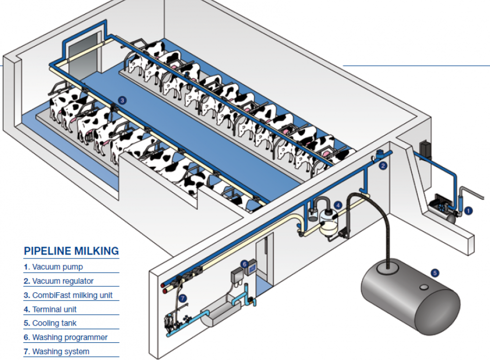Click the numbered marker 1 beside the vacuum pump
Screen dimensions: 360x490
click(468, 211)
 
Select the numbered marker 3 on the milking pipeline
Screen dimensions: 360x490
click(122, 100)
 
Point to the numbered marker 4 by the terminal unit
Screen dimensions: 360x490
click(338, 205)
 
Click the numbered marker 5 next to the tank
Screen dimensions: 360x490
click(434, 273)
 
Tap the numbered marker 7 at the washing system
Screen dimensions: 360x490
click(183, 298)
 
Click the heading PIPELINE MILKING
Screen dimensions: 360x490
click(72, 252)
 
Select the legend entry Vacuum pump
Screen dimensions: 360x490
click(53, 267)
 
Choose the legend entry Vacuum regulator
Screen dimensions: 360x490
click(58, 282)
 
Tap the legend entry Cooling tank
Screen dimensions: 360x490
click(49, 324)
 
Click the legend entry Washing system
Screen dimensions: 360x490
click(56, 352)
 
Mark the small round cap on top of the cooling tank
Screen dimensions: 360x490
click(424, 286)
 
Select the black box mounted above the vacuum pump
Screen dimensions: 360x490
click(424, 149)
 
